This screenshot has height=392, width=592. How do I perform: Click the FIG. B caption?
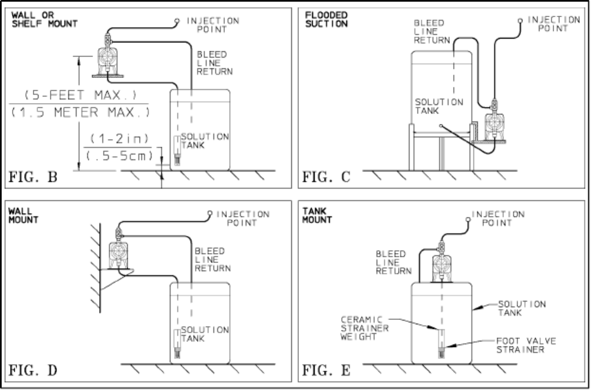pyautogui.click(x=33, y=177)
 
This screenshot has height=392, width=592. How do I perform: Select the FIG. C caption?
pyautogui.click(x=327, y=177)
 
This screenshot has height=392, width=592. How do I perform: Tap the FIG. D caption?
pyautogui.click(x=33, y=370)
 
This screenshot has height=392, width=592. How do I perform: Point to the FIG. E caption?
pyautogui.click(x=327, y=370)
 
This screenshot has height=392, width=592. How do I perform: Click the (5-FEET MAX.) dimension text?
pyautogui.click(x=80, y=94)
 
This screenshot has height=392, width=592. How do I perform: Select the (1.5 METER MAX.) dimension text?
pyautogui.click(x=80, y=112)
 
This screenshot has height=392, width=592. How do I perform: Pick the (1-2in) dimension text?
pyautogui.click(x=119, y=138)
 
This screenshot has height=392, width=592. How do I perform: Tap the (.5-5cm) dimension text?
pyautogui.click(x=119, y=156)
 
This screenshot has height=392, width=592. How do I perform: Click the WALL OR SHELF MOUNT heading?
pyautogui.click(x=45, y=19)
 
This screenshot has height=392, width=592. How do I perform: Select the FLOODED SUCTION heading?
pyautogui.click(x=327, y=19)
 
